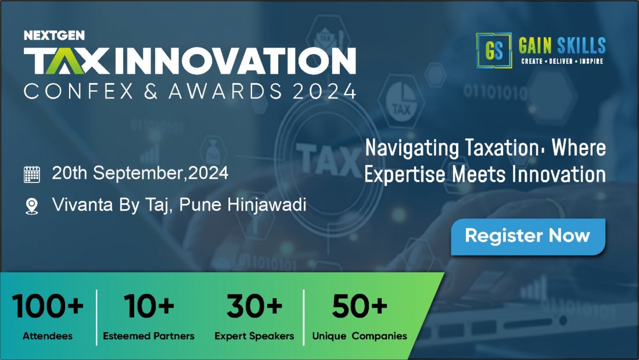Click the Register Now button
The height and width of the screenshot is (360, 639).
527,236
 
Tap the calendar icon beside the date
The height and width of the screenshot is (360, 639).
31,174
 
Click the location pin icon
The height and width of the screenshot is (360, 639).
31,206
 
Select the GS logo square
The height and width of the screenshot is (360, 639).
494,51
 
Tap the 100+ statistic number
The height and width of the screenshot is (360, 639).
48,307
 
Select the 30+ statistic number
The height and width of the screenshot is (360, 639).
254,307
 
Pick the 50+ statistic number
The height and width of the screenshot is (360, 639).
359,307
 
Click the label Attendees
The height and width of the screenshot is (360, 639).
48,336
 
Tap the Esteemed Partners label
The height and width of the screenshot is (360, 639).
149,336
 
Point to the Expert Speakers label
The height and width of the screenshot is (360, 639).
254,336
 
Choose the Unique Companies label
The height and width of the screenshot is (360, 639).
360,336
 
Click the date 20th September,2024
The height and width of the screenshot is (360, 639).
140,173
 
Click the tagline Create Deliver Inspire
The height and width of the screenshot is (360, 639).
562,61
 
